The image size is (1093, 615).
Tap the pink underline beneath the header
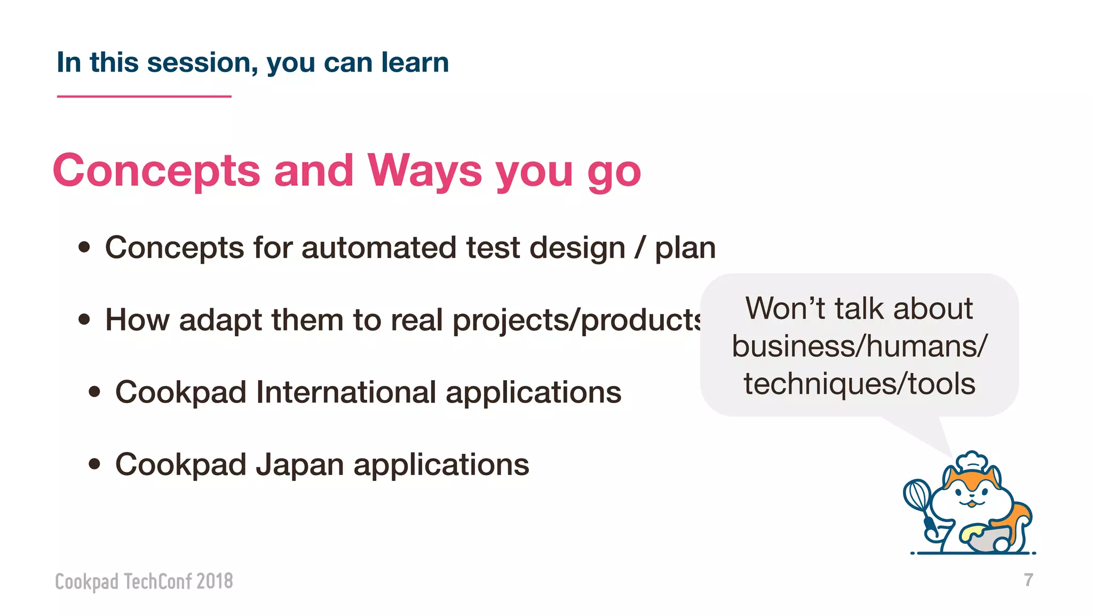tap(144, 97)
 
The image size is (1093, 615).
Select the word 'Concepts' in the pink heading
tap(156, 171)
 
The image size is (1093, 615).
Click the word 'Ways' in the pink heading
tap(424, 171)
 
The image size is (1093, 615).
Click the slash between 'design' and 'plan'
tap(639, 248)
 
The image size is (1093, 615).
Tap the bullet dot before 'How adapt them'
tap(84, 319)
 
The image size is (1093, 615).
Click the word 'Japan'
tap(299, 464)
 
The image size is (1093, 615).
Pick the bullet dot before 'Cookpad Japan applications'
tap(94, 463)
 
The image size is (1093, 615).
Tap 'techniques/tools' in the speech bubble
tap(859, 384)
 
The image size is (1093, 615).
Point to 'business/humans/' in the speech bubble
tap(859, 346)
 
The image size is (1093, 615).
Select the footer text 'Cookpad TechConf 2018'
tap(144, 581)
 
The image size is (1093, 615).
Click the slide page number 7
tap(1028, 580)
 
